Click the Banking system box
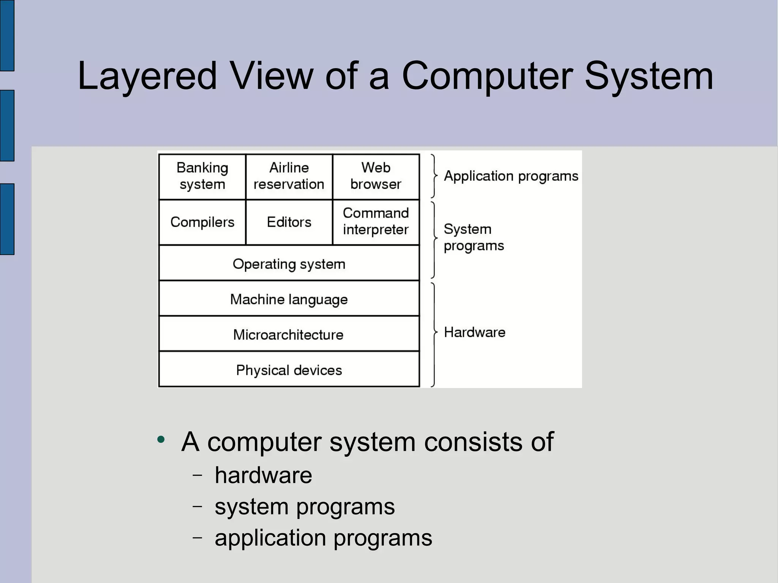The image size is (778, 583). (x=202, y=176)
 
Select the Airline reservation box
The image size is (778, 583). (x=289, y=176)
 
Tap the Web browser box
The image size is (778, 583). (x=376, y=176)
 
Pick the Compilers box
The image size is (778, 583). (x=202, y=222)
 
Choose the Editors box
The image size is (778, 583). (x=289, y=222)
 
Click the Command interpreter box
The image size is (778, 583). (x=376, y=222)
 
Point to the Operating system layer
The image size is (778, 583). (x=289, y=264)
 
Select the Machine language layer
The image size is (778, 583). (x=289, y=299)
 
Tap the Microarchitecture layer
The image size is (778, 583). (x=289, y=335)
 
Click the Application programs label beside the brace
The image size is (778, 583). (x=511, y=176)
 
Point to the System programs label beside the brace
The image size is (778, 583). (x=473, y=237)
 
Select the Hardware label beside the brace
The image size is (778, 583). (x=474, y=332)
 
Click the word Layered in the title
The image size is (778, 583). (x=147, y=76)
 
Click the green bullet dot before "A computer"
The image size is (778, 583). (x=161, y=440)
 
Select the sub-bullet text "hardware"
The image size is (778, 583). (x=263, y=475)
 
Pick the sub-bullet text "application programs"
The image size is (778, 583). (x=323, y=538)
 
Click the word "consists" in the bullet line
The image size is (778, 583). (x=473, y=442)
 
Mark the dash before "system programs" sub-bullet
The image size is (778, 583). (x=197, y=506)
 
